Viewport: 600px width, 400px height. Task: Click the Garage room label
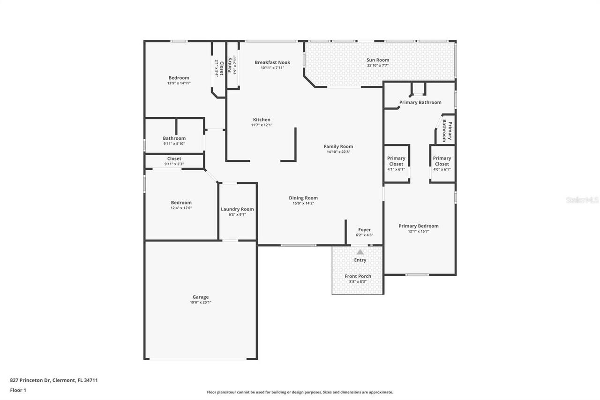click(200, 297)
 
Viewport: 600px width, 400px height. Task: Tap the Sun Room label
click(378, 60)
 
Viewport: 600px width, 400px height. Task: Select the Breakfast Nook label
click(272, 62)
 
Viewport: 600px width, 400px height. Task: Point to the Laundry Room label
click(237, 209)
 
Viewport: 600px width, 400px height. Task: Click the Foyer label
click(364, 230)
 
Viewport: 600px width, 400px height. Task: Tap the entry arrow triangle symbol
click(360, 252)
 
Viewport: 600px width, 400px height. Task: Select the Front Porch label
click(358, 276)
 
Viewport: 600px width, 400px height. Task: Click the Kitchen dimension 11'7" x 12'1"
click(262, 125)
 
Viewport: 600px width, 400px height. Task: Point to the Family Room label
click(338, 147)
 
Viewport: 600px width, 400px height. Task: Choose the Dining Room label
click(303, 198)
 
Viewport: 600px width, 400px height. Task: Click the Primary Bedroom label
click(419, 226)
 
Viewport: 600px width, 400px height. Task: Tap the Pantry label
click(230, 65)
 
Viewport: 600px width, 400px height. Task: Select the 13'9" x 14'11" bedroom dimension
click(179, 83)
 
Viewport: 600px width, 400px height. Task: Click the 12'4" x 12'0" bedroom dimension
click(181, 208)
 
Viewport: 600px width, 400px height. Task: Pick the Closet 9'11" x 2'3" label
click(174, 159)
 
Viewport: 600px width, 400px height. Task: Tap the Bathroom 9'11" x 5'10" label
click(174, 138)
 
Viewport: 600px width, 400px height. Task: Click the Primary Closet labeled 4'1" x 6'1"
click(396, 161)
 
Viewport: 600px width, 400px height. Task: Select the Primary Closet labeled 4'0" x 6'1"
click(442, 161)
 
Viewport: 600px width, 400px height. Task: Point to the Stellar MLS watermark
click(582, 200)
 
